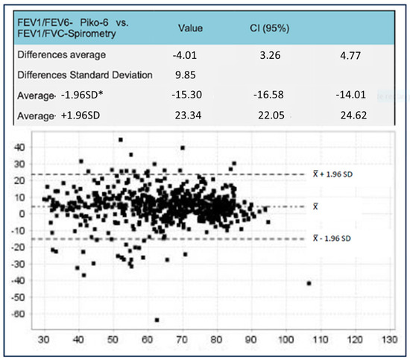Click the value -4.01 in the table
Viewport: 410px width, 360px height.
pyautogui.click(x=187, y=54)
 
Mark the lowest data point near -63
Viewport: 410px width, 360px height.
pyautogui.click(x=157, y=320)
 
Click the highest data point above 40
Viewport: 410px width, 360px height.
pyautogui.click(x=120, y=139)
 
